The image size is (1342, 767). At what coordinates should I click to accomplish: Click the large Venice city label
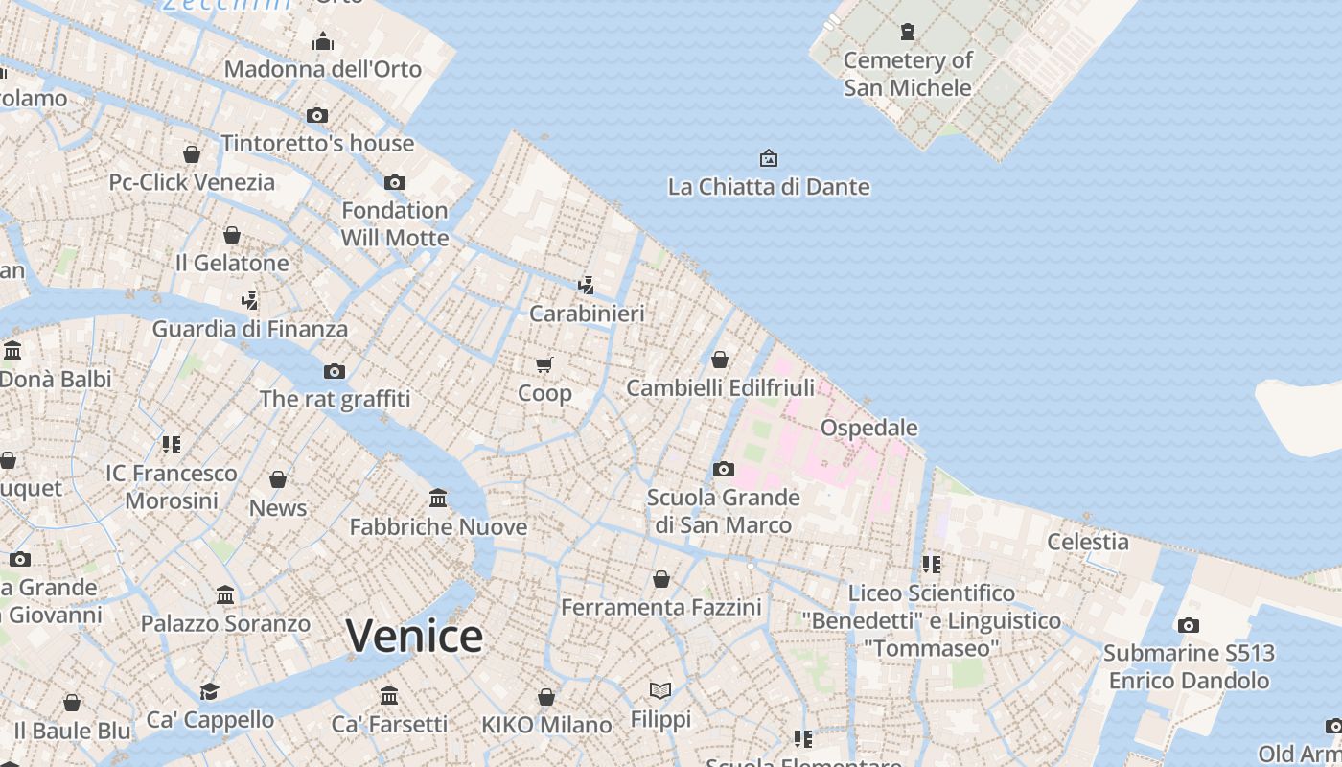(414, 636)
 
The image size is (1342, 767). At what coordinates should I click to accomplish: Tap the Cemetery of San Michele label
(907, 74)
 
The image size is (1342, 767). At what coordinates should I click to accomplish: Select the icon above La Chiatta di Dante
(768, 158)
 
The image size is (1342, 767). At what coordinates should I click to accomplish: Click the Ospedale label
(868, 428)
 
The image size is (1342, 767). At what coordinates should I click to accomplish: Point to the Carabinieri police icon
(586, 285)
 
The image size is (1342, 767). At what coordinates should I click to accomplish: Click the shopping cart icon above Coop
(544, 364)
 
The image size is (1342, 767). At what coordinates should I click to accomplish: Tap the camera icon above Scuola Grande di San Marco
(724, 469)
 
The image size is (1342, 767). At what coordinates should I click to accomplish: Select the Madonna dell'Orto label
(322, 69)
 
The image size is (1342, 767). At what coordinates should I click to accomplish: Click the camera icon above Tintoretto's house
(317, 115)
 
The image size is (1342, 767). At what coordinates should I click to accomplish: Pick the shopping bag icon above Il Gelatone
(232, 235)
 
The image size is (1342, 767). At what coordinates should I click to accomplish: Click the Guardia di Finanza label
(249, 329)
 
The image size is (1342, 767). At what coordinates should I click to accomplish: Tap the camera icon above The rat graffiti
(335, 371)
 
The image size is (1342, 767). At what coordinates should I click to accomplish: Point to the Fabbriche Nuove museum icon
(438, 498)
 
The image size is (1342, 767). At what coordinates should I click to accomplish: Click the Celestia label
(1087, 542)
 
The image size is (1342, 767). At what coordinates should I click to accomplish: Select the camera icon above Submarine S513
(1189, 625)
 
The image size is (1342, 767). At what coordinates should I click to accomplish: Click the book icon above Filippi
(660, 690)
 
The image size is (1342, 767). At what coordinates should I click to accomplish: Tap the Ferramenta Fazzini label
(660, 607)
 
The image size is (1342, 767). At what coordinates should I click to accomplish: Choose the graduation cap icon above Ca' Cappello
(209, 691)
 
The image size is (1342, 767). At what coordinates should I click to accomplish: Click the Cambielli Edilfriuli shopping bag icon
(720, 360)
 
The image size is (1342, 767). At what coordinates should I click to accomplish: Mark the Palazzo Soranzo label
(225, 623)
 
